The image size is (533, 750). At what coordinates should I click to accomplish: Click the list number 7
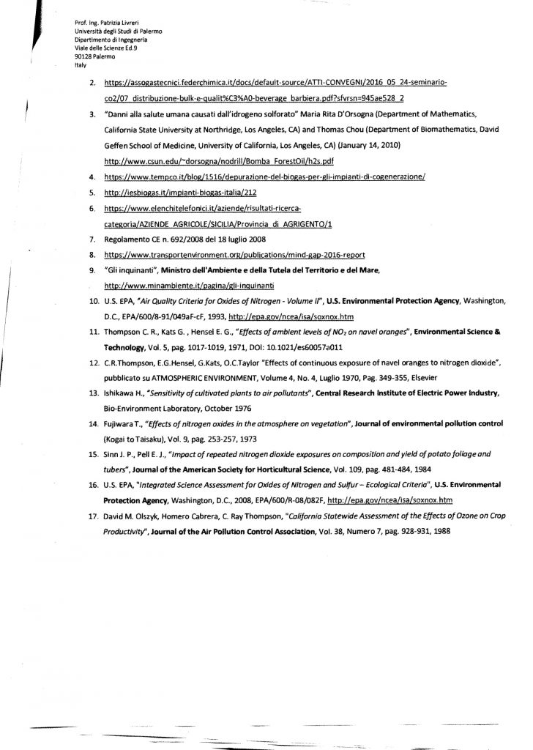click(92, 240)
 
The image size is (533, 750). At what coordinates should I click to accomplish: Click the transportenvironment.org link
click(261, 255)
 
